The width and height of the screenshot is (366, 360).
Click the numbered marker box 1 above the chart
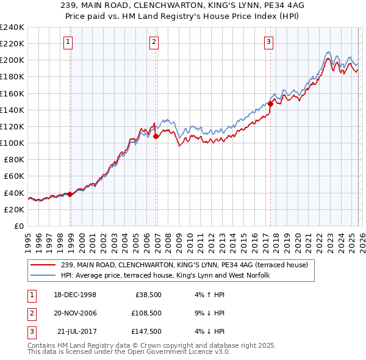pos(67,42)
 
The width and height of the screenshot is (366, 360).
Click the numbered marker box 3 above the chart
pos(268,42)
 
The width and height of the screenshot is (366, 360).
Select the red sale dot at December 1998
pos(70,194)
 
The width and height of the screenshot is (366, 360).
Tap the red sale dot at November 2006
pos(156,136)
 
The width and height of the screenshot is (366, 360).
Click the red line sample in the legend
pos(43,265)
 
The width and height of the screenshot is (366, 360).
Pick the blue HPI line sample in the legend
pos(43,275)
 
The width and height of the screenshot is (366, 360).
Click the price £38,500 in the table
pos(147,294)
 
